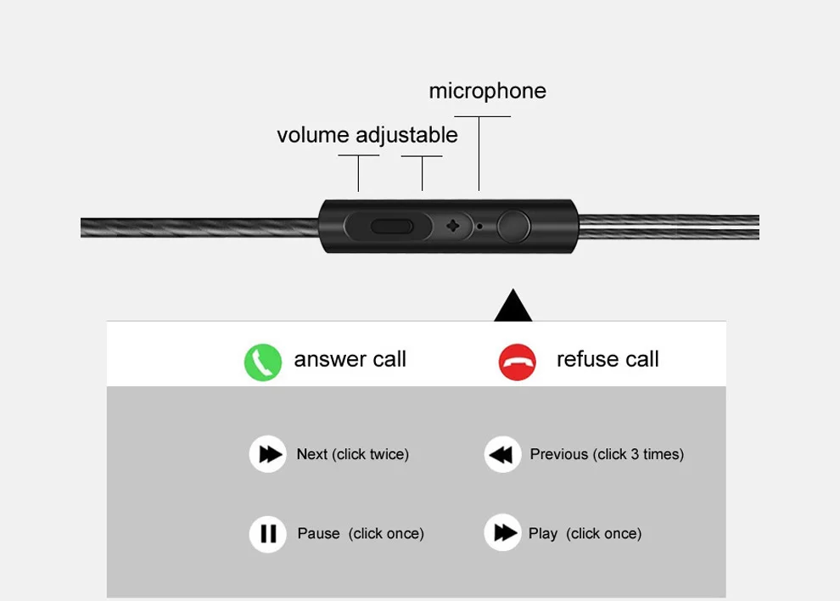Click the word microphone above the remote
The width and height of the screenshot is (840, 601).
click(487, 91)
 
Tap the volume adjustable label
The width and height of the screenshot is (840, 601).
click(367, 135)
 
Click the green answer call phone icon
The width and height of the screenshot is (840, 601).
click(263, 362)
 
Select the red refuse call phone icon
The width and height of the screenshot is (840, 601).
click(517, 362)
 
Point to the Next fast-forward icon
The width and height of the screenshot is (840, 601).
click(268, 454)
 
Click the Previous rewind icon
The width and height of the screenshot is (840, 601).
click(502, 454)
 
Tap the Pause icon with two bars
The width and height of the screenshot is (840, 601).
click(268, 534)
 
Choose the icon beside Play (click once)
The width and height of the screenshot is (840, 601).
click(502, 533)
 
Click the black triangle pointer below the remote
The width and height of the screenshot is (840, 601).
click(513, 306)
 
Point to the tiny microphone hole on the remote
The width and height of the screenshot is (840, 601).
click(480, 227)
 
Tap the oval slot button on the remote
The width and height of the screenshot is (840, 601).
click(392, 227)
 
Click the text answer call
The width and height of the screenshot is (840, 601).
click(350, 359)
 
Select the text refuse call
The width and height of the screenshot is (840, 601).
click(608, 359)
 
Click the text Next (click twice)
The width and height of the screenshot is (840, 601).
click(352, 454)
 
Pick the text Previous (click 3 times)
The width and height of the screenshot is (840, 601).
click(607, 454)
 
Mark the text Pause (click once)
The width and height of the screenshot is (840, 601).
click(361, 534)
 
